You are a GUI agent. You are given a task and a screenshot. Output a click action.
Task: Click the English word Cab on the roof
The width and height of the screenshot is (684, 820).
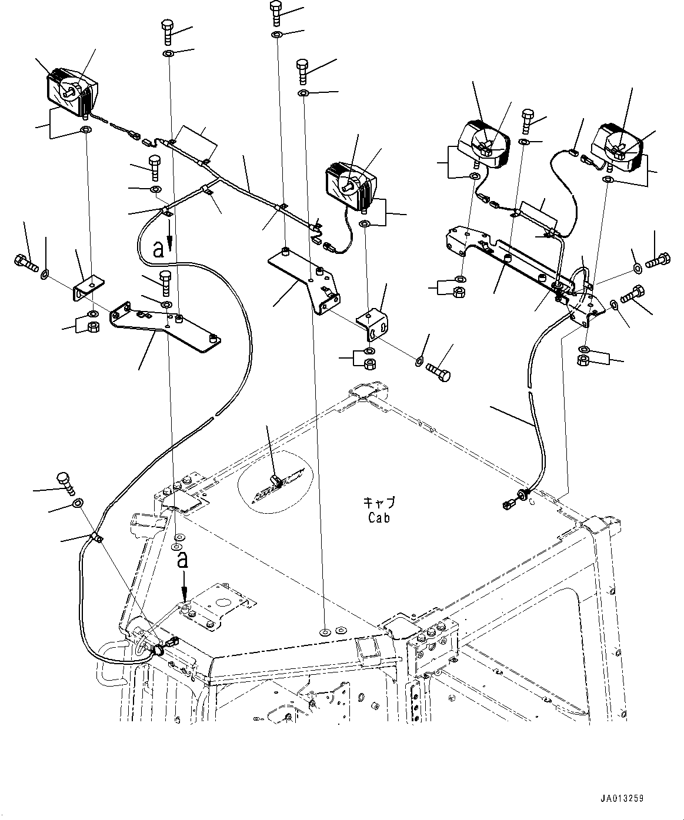pos(379,518)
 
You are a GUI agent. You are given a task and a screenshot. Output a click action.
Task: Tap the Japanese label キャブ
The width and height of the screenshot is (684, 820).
pos(379,503)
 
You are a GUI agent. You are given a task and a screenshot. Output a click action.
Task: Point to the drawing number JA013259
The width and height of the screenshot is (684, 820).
pos(622,799)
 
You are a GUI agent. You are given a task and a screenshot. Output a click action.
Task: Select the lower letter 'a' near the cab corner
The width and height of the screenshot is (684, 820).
pos(183,560)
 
